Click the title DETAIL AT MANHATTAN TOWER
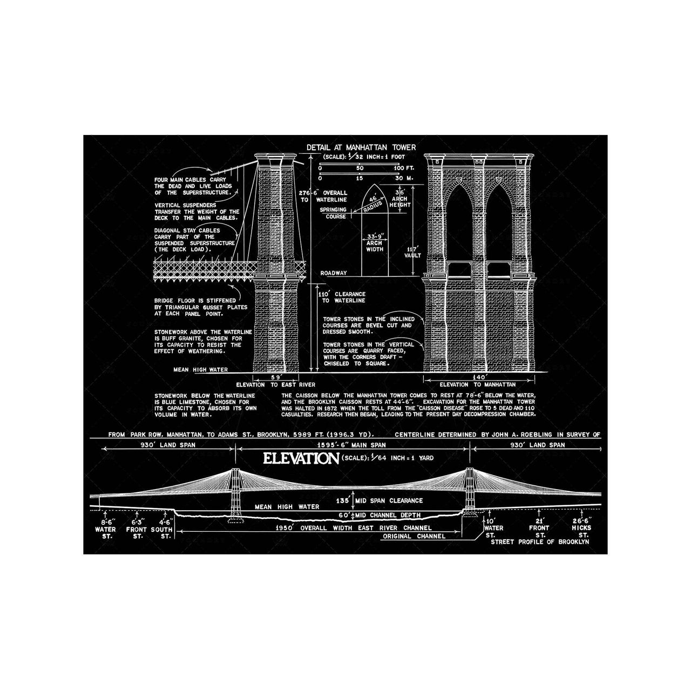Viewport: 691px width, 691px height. [361, 147]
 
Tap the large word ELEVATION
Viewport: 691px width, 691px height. [297, 458]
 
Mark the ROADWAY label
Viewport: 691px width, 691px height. [333, 273]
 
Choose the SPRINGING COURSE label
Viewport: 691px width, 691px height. [333, 213]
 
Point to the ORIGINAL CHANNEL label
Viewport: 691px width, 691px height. [414, 536]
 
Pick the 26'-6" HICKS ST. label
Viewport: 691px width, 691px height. [581, 527]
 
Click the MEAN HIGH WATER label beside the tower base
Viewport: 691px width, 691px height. [200, 370]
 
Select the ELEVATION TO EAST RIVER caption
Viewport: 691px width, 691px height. [275, 384]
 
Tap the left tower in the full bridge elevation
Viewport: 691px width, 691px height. [235, 494]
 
